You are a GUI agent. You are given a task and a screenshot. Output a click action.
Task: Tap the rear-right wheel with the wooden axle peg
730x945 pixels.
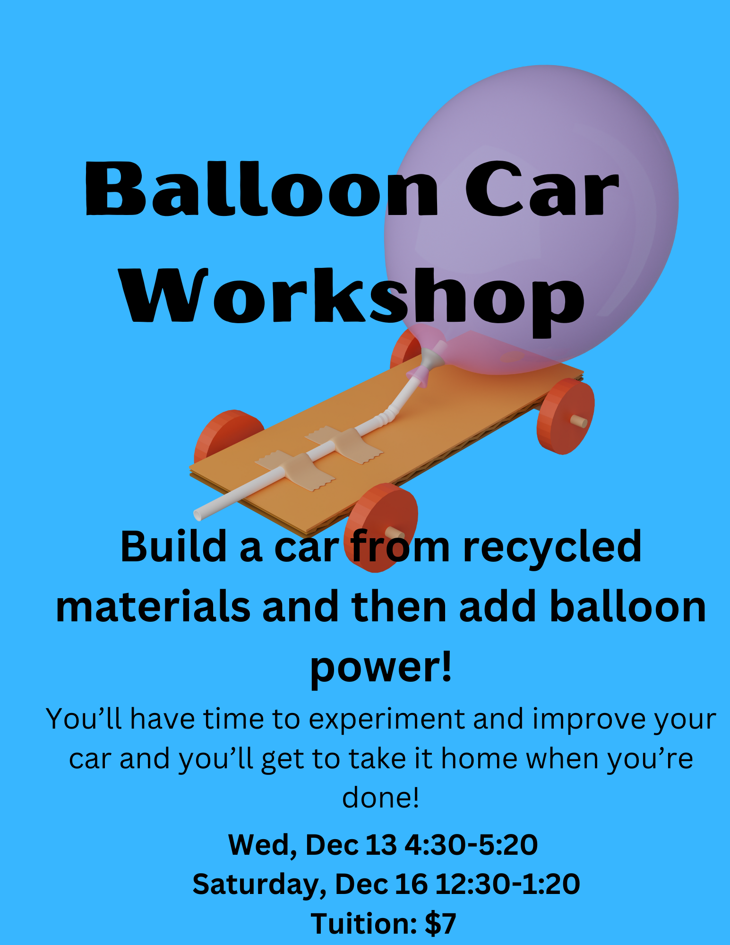click(x=566, y=416)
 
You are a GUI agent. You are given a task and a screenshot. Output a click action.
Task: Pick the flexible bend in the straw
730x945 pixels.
click(x=385, y=416)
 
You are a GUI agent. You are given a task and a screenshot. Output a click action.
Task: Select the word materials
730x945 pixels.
click(x=153, y=607)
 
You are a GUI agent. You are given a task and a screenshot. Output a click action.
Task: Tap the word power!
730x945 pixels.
click(x=381, y=668)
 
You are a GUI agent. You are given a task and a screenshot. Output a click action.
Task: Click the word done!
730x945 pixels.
click(x=380, y=798)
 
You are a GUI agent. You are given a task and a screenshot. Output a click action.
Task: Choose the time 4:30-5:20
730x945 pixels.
click(x=472, y=845)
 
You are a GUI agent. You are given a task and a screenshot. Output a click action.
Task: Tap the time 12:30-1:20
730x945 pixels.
click(x=507, y=884)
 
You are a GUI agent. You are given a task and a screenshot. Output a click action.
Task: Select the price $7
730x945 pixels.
click(x=440, y=924)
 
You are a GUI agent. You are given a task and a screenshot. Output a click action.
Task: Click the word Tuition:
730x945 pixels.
click(x=364, y=924)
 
